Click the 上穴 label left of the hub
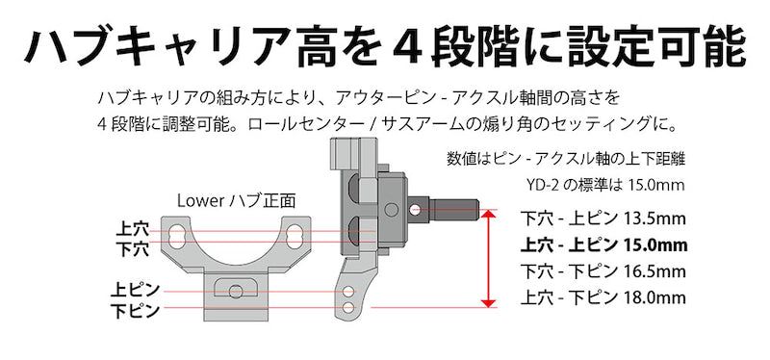(132, 229)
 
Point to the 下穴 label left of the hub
(132, 249)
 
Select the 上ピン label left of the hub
(135, 290)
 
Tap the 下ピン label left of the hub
(135, 311)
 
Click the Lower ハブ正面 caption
(236, 201)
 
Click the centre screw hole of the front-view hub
(235, 292)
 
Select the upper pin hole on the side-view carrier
(348, 292)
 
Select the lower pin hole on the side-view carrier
(348, 308)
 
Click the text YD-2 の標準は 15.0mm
(604, 186)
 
